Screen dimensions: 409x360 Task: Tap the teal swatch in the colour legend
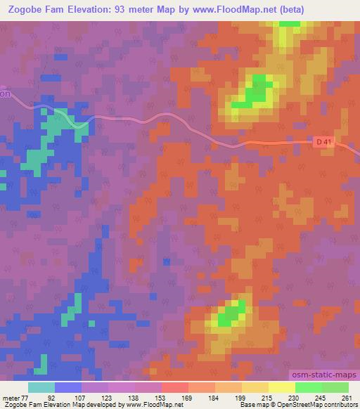[41, 388]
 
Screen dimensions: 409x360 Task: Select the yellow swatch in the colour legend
[282, 388]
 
